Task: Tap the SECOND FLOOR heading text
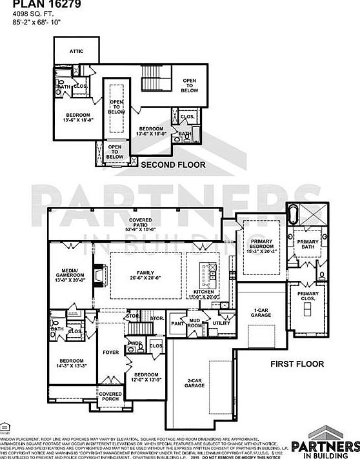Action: click(x=173, y=165)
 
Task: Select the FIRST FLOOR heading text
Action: click(x=296, y=364)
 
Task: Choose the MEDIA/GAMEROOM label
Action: click(x=70, y=276)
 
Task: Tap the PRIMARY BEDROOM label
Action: click(x=261, y=247)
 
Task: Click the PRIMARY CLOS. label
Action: click(x=308, y=296)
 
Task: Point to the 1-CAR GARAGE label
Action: click(x=261, y=312)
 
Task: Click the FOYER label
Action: click(x=111, y=352)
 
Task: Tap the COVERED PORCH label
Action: click(x=110, y=396)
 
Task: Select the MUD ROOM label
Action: click(x=194, y=323)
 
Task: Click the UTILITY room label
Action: click(x=221, y=323)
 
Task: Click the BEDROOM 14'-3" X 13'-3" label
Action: click(x=72, y=363)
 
